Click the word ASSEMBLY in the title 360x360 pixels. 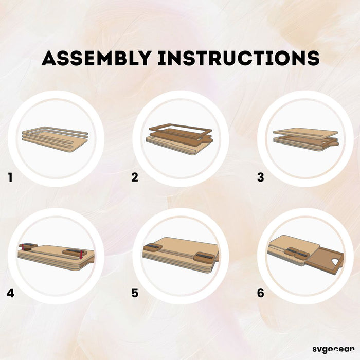(97, 58)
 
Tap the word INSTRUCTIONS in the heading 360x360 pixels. (239, 58)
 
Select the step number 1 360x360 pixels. (10, 177)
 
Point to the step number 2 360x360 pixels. (135, 177)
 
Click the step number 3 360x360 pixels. (260, 177)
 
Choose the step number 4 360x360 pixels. (10, 293)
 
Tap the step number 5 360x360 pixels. (135, 293)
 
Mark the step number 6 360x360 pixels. (260, 293)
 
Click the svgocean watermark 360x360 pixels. (333, 349)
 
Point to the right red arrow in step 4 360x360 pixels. (81, 255)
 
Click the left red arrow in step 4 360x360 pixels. (23, 247)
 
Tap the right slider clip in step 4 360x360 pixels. (75, 253)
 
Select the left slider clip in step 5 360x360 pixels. (153, 247)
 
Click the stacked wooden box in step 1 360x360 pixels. (55, 139)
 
